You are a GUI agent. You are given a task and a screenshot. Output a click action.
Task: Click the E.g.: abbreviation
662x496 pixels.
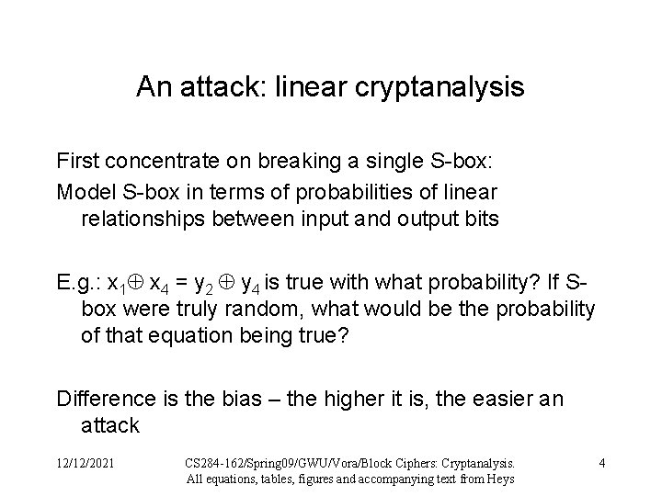[x=78, y=280]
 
